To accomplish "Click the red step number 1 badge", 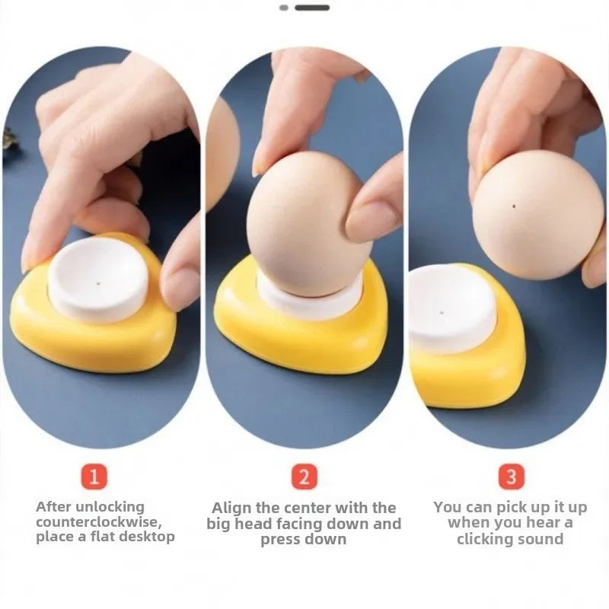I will tap(94, 477).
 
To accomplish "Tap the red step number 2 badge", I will tap(304, 477).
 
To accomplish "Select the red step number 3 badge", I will tap(511, 477).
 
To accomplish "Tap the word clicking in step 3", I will tap(488, 539).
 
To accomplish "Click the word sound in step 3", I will tap(542, 539).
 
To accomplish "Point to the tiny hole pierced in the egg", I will tap(517, 206).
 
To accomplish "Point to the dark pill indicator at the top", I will tap(312, 8).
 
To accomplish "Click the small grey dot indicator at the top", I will tap(284, 8).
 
